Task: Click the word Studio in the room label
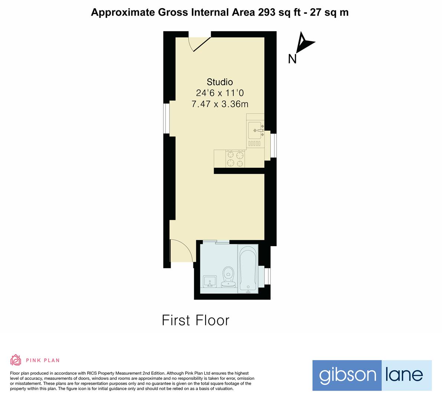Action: tap(220, 82)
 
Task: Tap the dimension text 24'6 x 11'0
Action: tap(220, 93)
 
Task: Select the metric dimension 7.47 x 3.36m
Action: tap(220, 104)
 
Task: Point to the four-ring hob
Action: tap(236, 159)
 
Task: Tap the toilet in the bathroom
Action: tap(228, 278)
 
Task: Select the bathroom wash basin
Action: tap(210, 281)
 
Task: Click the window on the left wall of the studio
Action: tap(167, 118)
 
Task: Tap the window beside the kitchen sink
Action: tap(274, 146)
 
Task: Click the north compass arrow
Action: tap(305, 43)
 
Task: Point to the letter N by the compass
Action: tap(292, 59)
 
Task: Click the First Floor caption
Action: tap(196, 320)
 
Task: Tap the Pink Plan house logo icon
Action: tap(16, 360)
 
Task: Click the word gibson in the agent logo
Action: tap(347, 375)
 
